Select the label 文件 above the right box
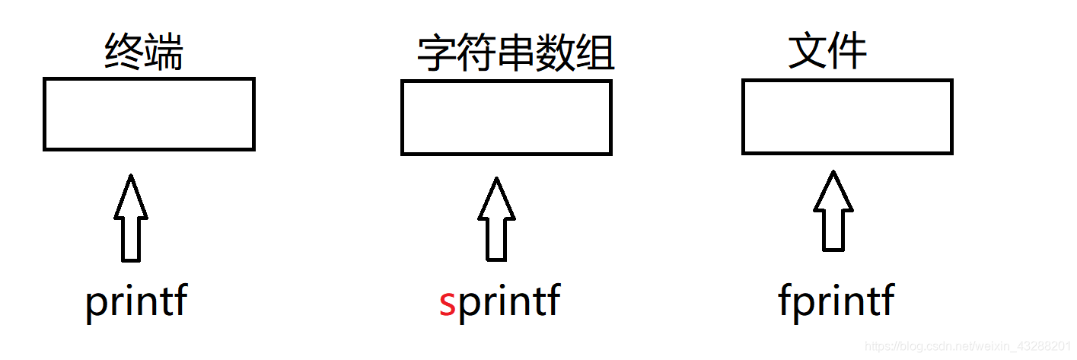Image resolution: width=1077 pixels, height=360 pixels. click(827, 52)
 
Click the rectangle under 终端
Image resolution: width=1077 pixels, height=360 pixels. click(148, 114)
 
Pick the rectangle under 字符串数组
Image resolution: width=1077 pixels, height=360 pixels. click(506, 117)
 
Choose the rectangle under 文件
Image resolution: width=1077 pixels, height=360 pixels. click(847, 116)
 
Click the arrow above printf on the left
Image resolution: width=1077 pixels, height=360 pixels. click(131, 218)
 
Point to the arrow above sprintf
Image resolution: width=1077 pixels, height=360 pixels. click(496, 218)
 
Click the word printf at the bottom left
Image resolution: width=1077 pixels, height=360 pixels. click(135, 302)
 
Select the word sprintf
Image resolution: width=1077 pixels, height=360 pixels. click(499, 302)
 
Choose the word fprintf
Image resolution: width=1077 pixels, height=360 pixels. click(836, 302)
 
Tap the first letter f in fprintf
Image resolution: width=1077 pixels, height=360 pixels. click(785, 301)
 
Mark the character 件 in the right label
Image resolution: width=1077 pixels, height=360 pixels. click(848, 52)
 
